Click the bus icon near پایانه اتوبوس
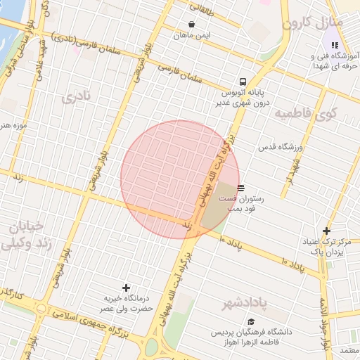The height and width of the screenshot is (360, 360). pos(243,81)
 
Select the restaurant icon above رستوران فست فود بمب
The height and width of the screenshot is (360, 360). pos(241,188)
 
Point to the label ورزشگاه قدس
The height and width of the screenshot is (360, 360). pos(280,147)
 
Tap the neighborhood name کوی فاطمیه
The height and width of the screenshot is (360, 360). pos(306,112)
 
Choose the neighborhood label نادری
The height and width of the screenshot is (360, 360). pos(77,97)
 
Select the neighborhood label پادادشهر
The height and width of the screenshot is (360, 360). pos(245,304)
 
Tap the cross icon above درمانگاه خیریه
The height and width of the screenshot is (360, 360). pos(127,288)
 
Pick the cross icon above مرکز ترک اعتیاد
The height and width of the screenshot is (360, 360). pos(326,231)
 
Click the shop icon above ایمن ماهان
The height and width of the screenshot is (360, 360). pos(191,23)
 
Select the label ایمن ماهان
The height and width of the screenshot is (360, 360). pos(193,35)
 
